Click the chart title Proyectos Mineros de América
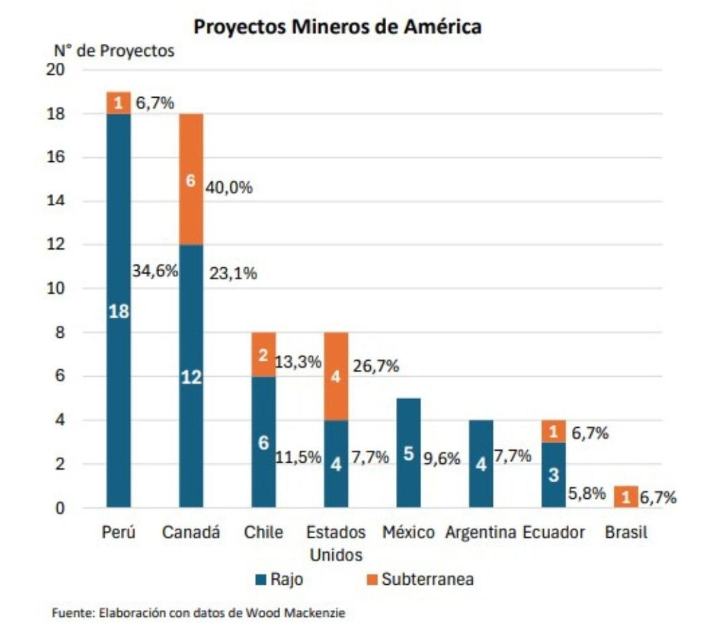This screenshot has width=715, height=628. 337,27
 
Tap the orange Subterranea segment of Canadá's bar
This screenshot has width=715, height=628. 191,179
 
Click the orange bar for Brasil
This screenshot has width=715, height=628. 626,497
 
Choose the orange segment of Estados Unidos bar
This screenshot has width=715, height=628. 336,377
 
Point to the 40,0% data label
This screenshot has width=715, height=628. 228,188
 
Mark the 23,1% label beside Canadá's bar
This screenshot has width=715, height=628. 233,274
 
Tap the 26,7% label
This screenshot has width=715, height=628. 375,366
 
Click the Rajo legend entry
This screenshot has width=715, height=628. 279,578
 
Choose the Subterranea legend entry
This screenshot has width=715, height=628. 419,578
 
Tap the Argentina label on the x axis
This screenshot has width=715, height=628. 481,532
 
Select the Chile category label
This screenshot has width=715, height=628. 264,532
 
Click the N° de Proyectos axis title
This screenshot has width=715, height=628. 115,51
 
